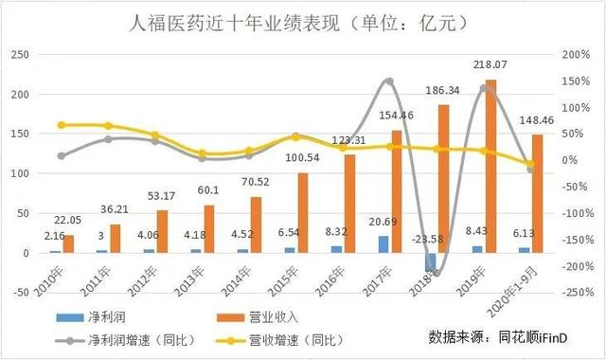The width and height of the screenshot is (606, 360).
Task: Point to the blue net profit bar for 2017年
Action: (x=383, y=244)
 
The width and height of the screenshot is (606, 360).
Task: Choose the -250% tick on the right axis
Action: (x=575, y=293)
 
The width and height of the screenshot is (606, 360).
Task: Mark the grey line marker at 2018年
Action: (x=436, y=273)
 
